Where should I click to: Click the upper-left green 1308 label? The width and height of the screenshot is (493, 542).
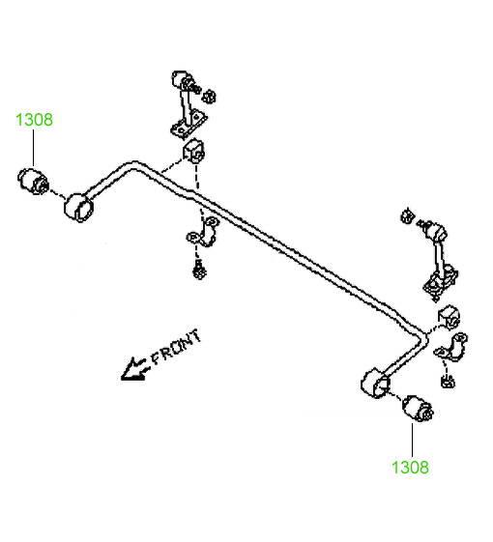click(34, 120)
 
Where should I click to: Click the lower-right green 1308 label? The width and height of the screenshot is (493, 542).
click(410, 468)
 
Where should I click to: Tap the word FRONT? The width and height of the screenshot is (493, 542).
click(177, 347)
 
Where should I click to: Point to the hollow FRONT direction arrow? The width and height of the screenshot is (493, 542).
click(134, 369)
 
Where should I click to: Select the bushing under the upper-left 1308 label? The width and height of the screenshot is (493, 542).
click(33, 181)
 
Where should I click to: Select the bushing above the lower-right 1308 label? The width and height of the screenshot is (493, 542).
click(418, 409)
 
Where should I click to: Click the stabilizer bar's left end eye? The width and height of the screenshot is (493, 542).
click(79, 207)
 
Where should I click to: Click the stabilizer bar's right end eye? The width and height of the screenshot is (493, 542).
click(376, 384)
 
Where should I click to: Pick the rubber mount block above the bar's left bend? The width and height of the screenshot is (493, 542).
click(193, 151)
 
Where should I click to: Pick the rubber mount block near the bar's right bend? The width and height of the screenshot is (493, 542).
click(449, 318)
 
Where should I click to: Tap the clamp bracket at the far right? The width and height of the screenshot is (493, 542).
click(451, 348)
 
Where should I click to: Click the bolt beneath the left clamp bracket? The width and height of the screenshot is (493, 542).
click(200, 270)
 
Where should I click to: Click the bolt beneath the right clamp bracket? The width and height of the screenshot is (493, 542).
click(448, 381)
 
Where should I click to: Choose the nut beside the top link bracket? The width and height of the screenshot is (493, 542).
click(209, 97)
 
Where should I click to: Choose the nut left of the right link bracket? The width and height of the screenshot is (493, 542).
click(408, 216)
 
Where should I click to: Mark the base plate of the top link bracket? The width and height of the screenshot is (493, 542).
click(188, 125)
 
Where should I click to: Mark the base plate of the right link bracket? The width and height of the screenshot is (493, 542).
click(441, 282)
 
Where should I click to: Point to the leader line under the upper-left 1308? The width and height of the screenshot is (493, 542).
click(34, 148)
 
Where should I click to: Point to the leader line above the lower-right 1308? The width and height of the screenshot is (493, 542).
click(413, 440)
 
